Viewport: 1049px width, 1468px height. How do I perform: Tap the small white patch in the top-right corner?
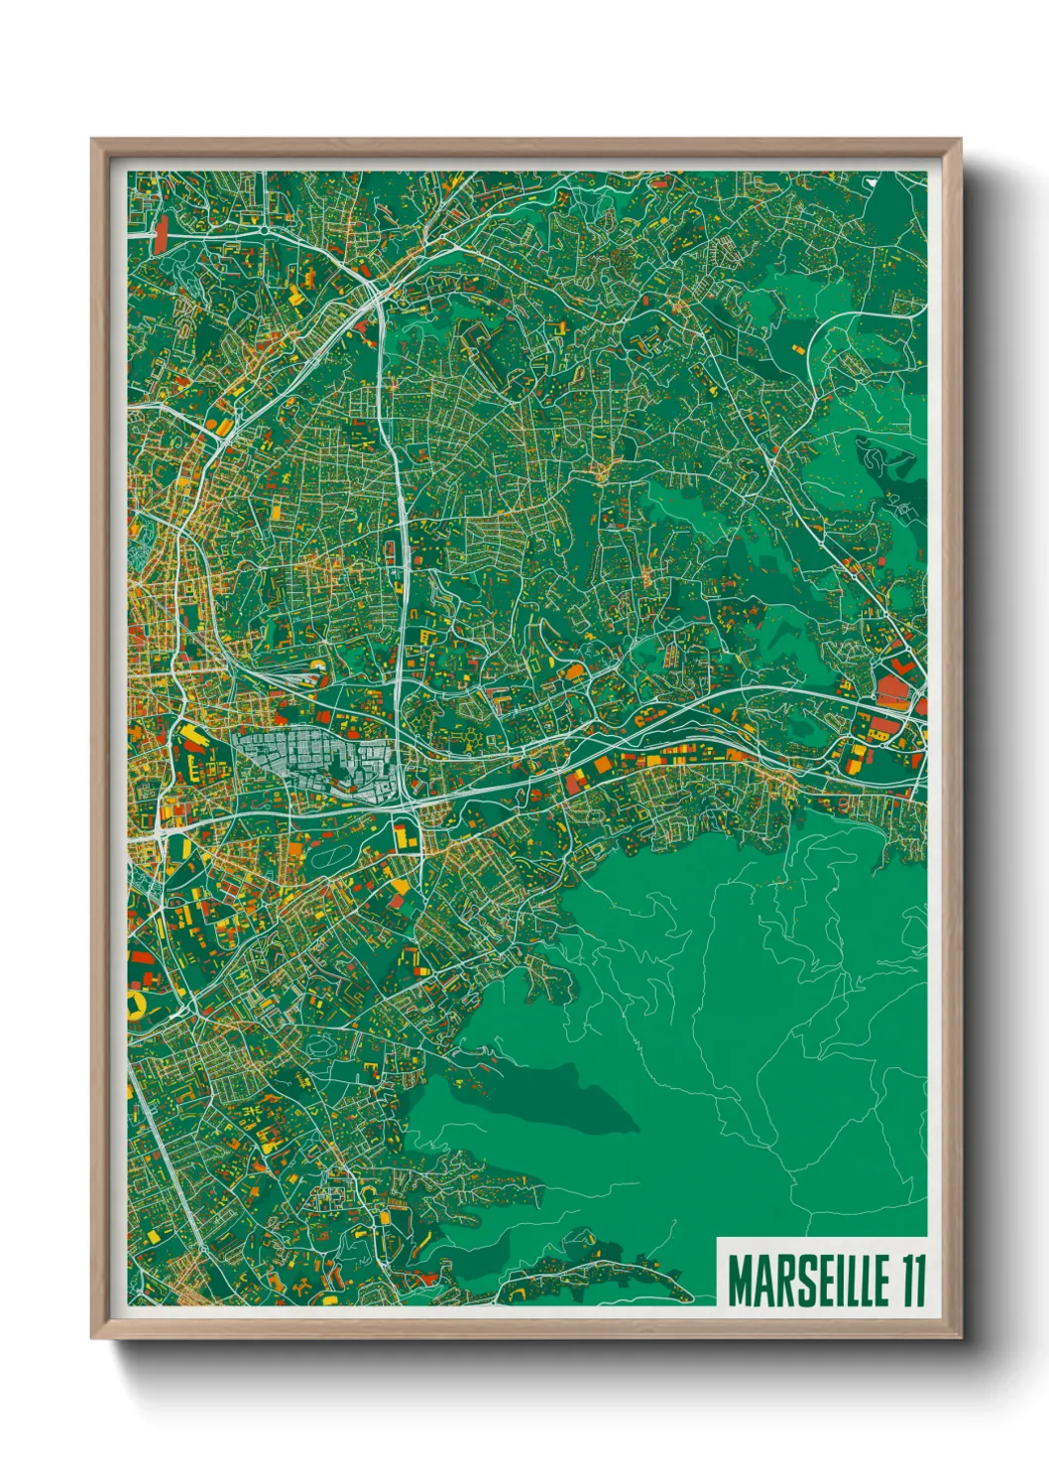[x=870, y=182]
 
